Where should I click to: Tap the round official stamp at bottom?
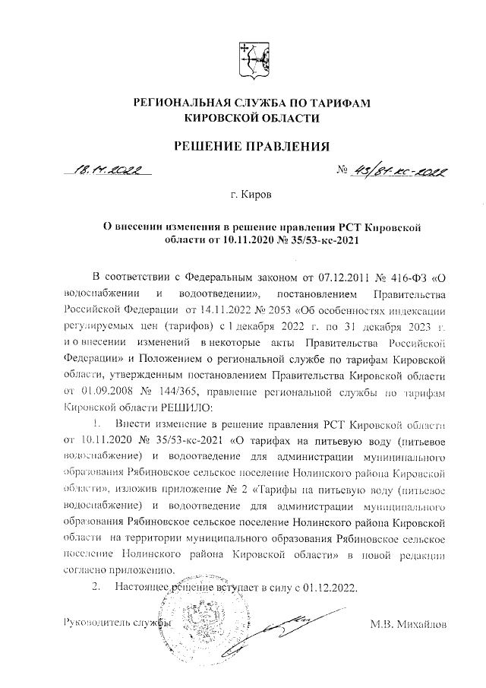tap(190, 623)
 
